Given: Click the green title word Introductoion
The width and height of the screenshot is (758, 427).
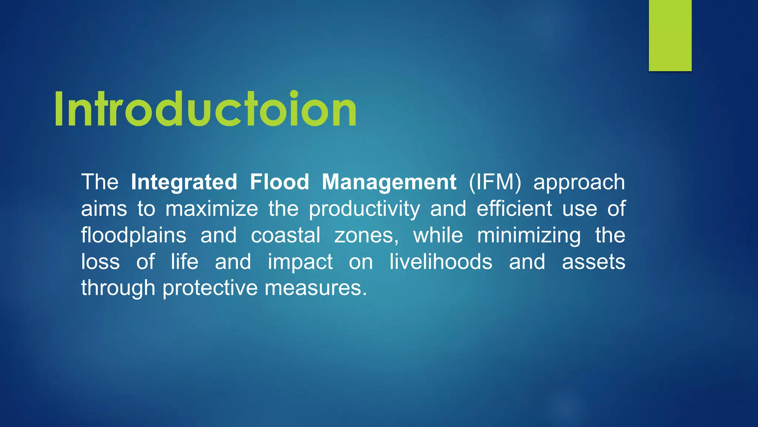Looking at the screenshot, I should pos(205,110).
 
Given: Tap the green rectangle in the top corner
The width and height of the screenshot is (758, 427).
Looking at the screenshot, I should pos(670,35).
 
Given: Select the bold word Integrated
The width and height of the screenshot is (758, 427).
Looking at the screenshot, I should pos(184,182).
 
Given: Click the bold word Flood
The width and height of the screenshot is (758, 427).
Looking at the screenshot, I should pos(279,182).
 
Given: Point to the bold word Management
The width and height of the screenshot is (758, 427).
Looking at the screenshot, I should pos(389,182).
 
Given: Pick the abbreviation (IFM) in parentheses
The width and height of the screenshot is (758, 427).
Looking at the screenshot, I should pos(495,182).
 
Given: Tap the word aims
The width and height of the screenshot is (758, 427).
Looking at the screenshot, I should pos(104,209).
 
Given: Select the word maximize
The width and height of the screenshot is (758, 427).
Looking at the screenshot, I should pos(212,209).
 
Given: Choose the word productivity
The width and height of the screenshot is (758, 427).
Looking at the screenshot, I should pos(365,209).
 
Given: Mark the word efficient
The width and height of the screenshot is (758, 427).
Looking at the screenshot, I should pos(514,209).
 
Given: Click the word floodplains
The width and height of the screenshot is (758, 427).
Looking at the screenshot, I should pos(134,236).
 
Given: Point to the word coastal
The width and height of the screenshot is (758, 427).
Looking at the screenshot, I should pos(286,235).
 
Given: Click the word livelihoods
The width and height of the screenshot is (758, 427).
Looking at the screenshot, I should pos(441,262).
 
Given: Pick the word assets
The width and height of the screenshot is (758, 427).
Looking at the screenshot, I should pos(593,262).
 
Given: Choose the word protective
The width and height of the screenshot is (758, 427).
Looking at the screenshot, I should pos(210,288).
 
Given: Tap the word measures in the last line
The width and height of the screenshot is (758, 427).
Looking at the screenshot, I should pos(315,288).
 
